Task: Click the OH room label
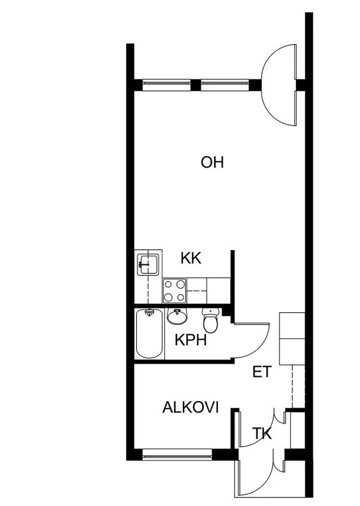point(212,162)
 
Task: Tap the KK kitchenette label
point(191,258)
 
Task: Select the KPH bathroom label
point(191,340)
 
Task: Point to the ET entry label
point(262,372)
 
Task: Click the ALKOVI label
point(191,407)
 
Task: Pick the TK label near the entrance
point(262,433)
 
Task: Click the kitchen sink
point(148,265)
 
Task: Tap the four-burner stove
point(175,291)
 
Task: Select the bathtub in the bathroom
point(150,334)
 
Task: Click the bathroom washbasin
point(177,316)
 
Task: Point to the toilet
point(211,320)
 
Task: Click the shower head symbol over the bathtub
point(149,312)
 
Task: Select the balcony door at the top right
point(279,85)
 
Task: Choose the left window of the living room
point(167,85)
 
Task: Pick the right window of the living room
point(225,85)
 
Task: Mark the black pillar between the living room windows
point(196,85)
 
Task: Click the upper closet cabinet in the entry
point(292,325)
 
